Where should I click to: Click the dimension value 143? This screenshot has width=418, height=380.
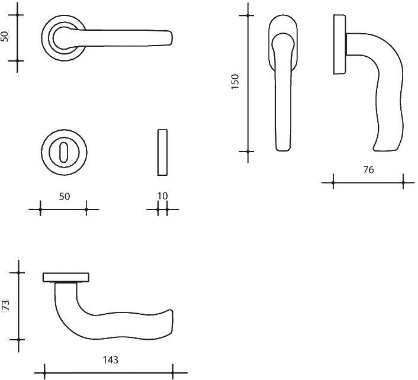(110, 360)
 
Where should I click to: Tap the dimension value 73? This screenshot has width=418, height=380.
(6, 305)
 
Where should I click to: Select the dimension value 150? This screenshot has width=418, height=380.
(235, 82)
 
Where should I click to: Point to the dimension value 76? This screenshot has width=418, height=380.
(368, 170)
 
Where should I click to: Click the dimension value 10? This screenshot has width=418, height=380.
(162, 196)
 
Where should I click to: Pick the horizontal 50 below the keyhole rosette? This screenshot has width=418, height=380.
(65, 197)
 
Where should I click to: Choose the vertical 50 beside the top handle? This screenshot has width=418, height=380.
(5, 37)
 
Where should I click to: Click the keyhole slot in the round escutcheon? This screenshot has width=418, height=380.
(64, 152)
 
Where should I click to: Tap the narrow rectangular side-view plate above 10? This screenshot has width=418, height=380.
(162, 153)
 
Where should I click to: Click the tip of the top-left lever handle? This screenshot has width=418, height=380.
(172, 38)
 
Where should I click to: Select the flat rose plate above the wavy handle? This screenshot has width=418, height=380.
(66, 278)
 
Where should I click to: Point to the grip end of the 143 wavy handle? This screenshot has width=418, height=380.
(172, 323)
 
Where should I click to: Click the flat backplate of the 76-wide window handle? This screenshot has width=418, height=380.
(340, 44)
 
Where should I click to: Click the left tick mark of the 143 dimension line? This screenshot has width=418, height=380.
(44, 373)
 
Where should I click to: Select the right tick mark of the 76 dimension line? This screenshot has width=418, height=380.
(403, 183)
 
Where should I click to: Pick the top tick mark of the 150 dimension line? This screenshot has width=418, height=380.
(248, 16)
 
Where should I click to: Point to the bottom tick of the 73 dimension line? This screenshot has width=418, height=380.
(18, 340)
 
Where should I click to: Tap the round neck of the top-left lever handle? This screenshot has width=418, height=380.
(65, 38)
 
